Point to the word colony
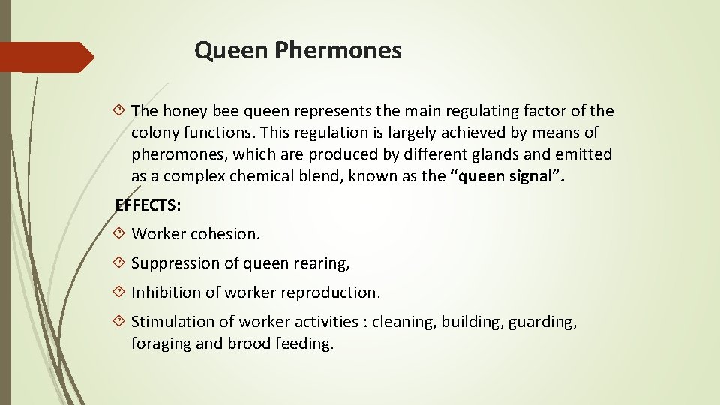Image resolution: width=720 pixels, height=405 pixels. [x=154, y=133]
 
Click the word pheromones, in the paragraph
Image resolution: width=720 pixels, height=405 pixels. [x=178, y=155]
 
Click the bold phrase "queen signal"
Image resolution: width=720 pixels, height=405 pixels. [x=508, y=177]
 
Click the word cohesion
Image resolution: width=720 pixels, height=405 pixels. [x=225, y=234]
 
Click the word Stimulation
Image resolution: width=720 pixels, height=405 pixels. [x=172, y=322]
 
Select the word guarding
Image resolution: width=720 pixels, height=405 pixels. [x=542, y=322]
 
